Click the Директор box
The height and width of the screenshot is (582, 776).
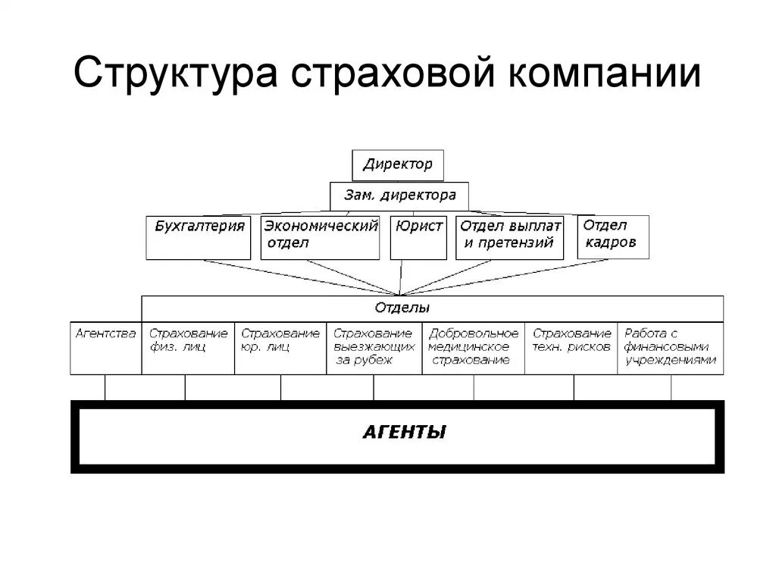click(x=398, y=164)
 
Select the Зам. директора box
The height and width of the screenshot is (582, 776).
click(x=399, y=196)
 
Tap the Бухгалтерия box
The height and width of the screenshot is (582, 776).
click(x=199, y=237)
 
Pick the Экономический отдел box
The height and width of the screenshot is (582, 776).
click(x=320, y=237)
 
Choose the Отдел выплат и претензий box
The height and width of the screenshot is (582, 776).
click(x=509, y=237)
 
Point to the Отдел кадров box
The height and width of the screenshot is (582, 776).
click(x=613, y=236)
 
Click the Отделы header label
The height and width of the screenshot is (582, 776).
click(x=402, y=308)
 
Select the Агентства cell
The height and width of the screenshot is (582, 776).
click(x=106, y=347)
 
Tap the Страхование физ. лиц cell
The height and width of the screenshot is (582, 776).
click(x=188, y=347)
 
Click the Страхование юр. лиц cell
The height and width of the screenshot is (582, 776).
click(x=280, y=347)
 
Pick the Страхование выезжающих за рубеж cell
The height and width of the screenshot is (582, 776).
click(x=374, y=347)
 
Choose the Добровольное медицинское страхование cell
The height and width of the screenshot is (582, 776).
click(x=473, y=347)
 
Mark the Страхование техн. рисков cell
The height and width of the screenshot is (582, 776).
click(x=572, y=347)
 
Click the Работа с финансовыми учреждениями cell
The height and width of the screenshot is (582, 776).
click(x=671, y=347)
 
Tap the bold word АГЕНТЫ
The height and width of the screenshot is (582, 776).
click(x=404, y=433)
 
